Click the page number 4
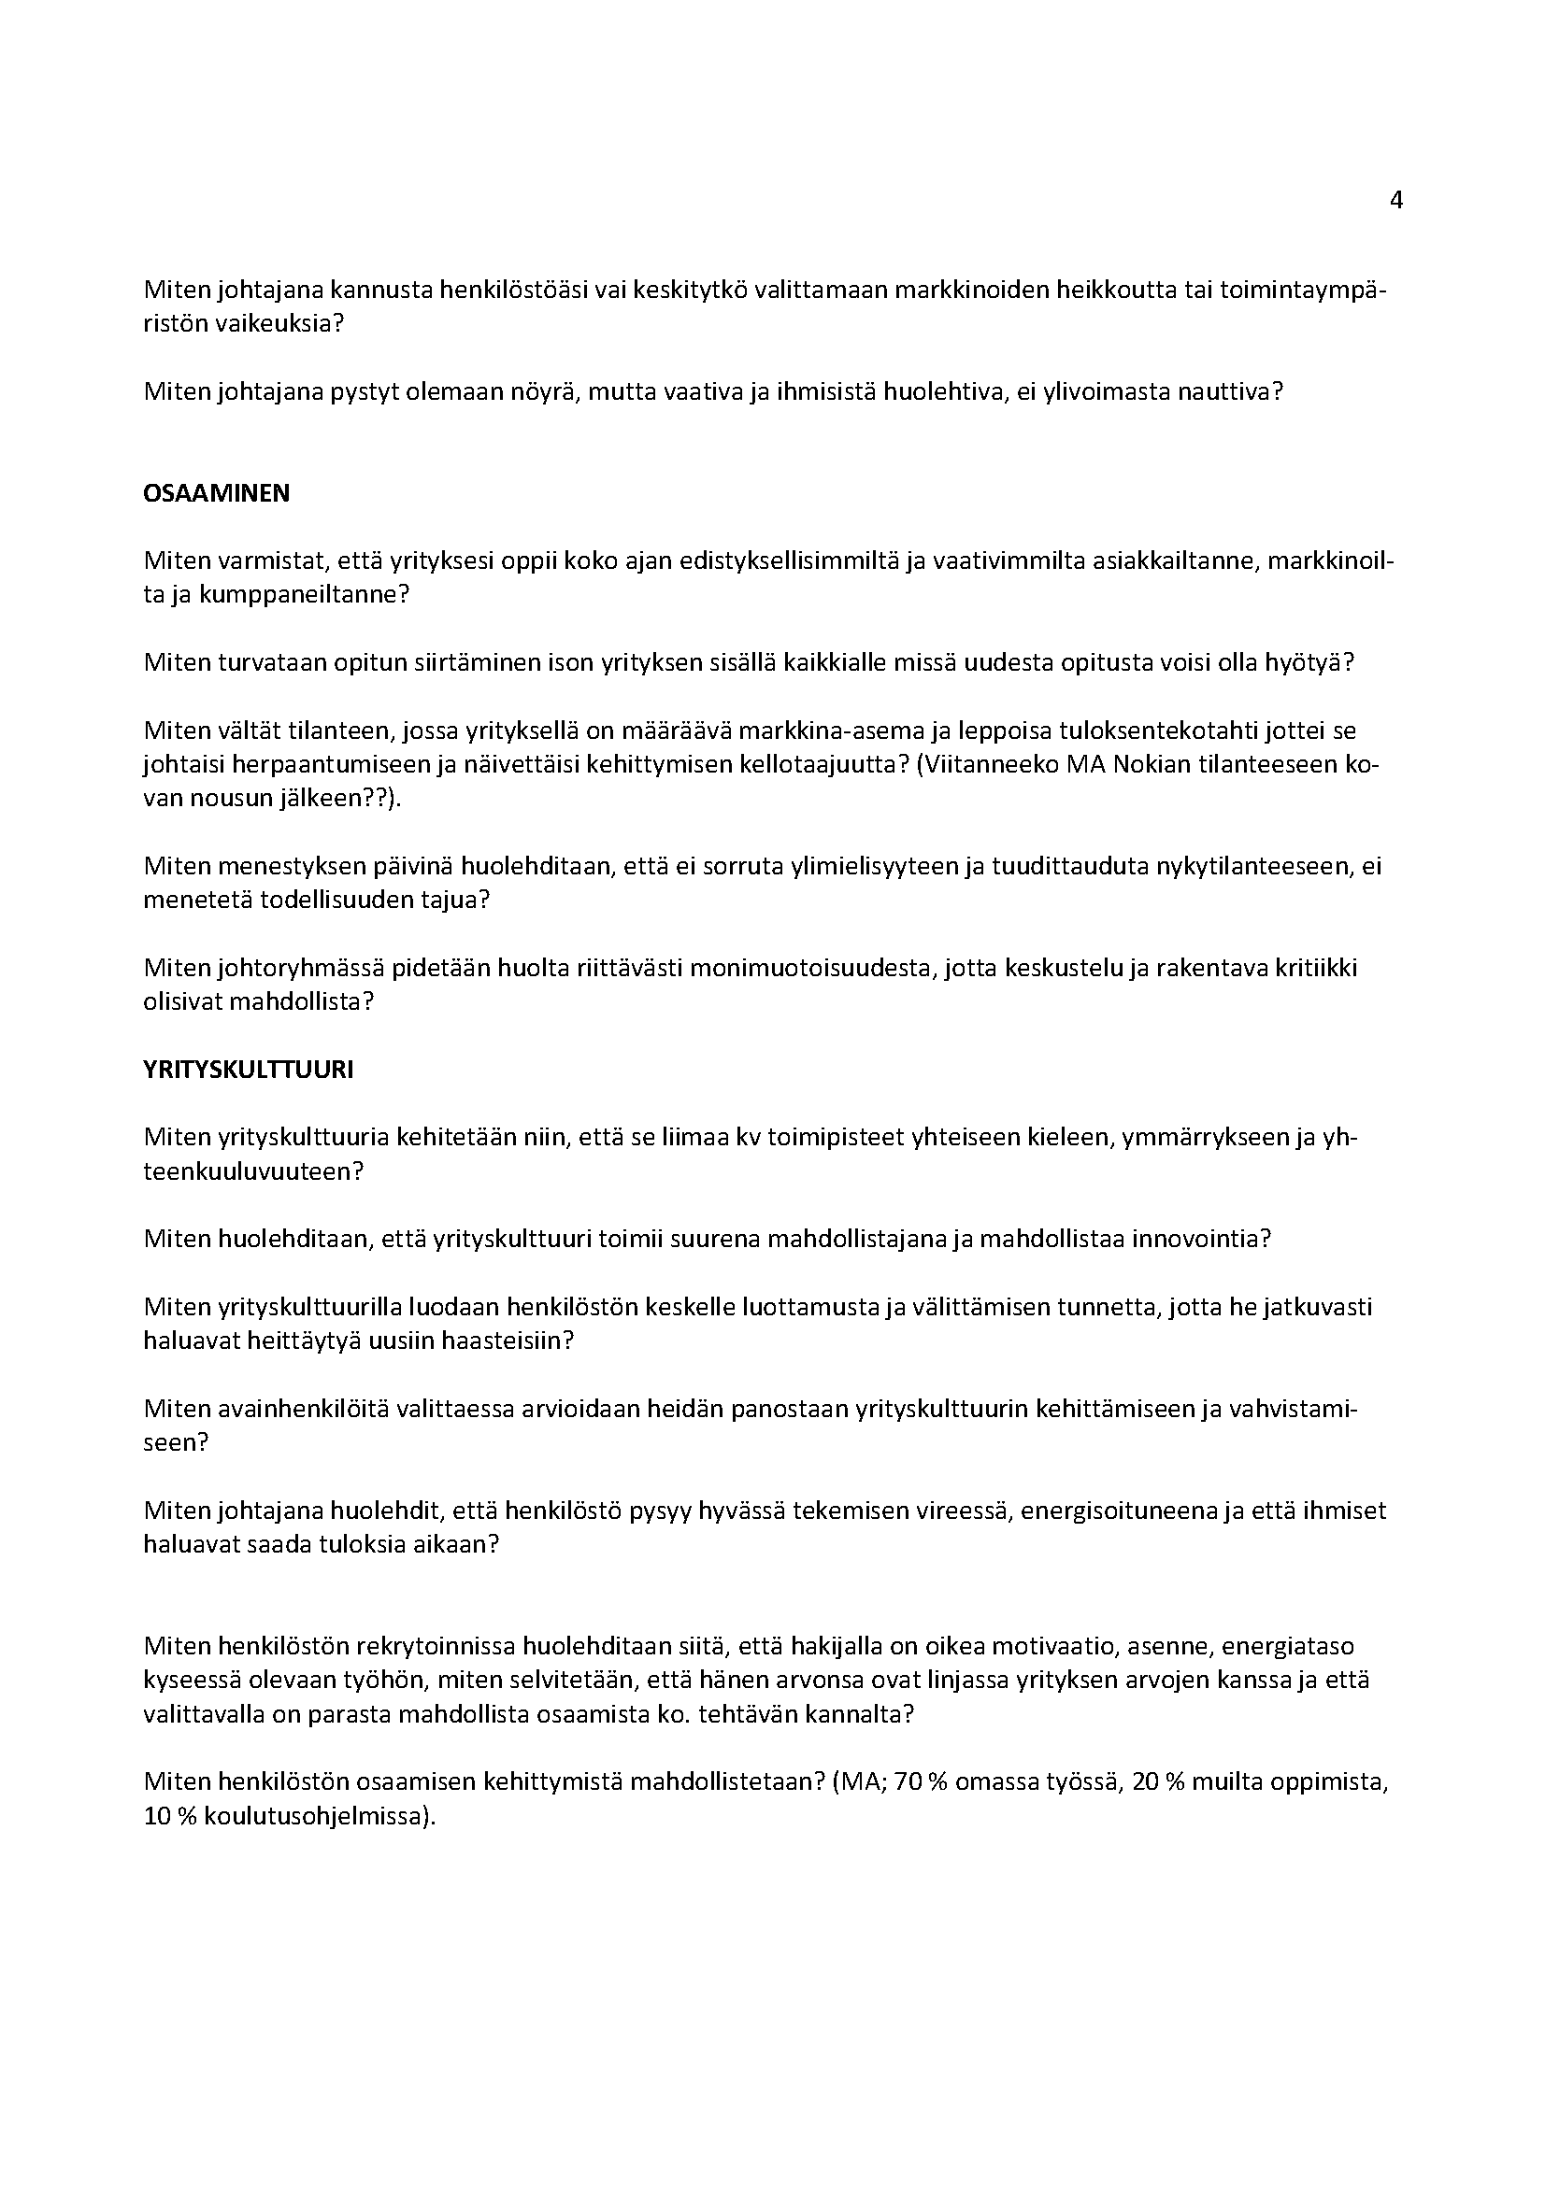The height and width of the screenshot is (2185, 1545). click(x=1396, y=201)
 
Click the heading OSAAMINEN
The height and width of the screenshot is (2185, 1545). click(x=216, y=494)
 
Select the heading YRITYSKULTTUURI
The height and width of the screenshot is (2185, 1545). click(x=248, y=1070)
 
